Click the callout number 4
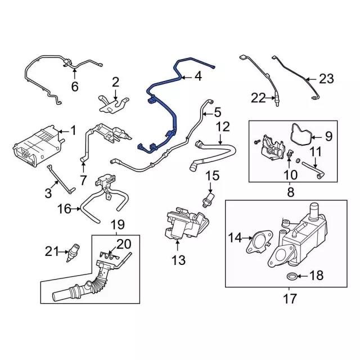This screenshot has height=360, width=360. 198,77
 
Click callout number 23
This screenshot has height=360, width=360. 326,79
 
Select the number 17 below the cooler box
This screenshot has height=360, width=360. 290,299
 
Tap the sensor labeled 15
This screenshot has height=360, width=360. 210,199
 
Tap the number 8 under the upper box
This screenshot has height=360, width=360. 290,192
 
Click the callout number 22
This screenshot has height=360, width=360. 258,98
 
